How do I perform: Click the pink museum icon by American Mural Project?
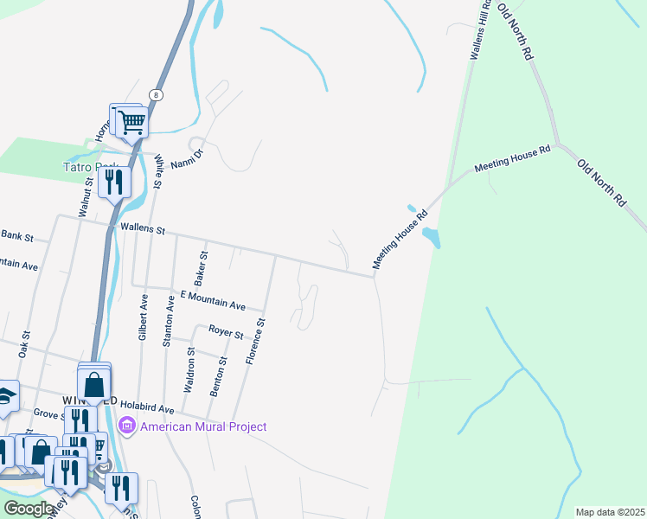[127, 426]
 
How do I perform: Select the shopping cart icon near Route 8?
[132, 123]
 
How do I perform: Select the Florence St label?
[255, 340]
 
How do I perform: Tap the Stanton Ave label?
[170, 320]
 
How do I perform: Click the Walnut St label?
[85, 195]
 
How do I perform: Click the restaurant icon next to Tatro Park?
[114, 183]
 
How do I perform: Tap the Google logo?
[29, 508]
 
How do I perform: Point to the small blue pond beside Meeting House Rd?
[431, 236]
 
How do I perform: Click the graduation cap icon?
[7, 396]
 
